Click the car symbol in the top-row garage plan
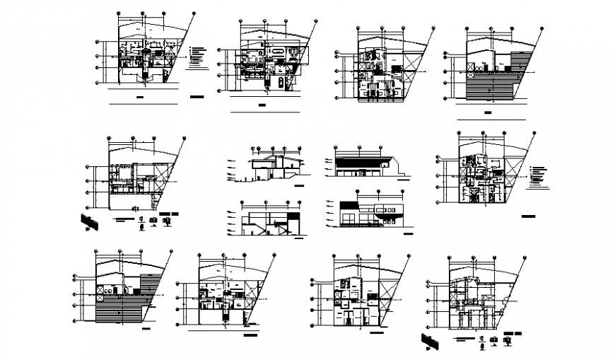[281, 82]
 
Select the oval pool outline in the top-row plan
[278, 52]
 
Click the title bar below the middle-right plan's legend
[525, 214]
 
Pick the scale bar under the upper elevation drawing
[402, 179]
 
